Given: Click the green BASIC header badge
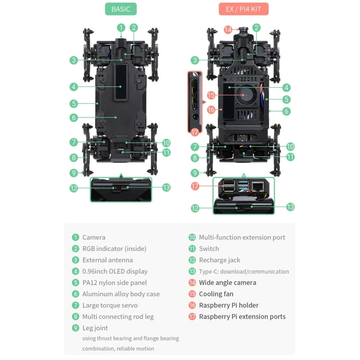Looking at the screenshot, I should [x=121, y=9].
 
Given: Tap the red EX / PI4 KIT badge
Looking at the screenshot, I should [x=243, y=9].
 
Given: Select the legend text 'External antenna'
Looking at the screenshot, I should [x=108, y=260].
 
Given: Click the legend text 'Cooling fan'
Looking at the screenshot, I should [x=216, y=294].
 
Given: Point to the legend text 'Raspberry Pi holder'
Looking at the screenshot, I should [x=228, y=305].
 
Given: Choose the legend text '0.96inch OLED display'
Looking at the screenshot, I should [x=115, y=271].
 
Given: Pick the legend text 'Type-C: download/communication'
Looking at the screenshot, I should [x=244, y=271].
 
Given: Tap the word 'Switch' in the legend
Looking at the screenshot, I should [x=209, y=249].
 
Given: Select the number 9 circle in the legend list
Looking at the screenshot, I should [x=75, y=328].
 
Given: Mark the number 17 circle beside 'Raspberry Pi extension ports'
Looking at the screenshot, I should [x=192, y=316].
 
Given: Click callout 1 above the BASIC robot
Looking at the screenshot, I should [x=121, y=28].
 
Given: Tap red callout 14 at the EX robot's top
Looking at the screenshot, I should [x=228, y=30].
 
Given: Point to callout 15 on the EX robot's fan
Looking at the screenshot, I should [x=211, y=96].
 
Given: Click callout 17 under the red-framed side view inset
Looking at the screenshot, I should [x=194, y=132].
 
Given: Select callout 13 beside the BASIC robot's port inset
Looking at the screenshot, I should [x=166, y=187].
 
